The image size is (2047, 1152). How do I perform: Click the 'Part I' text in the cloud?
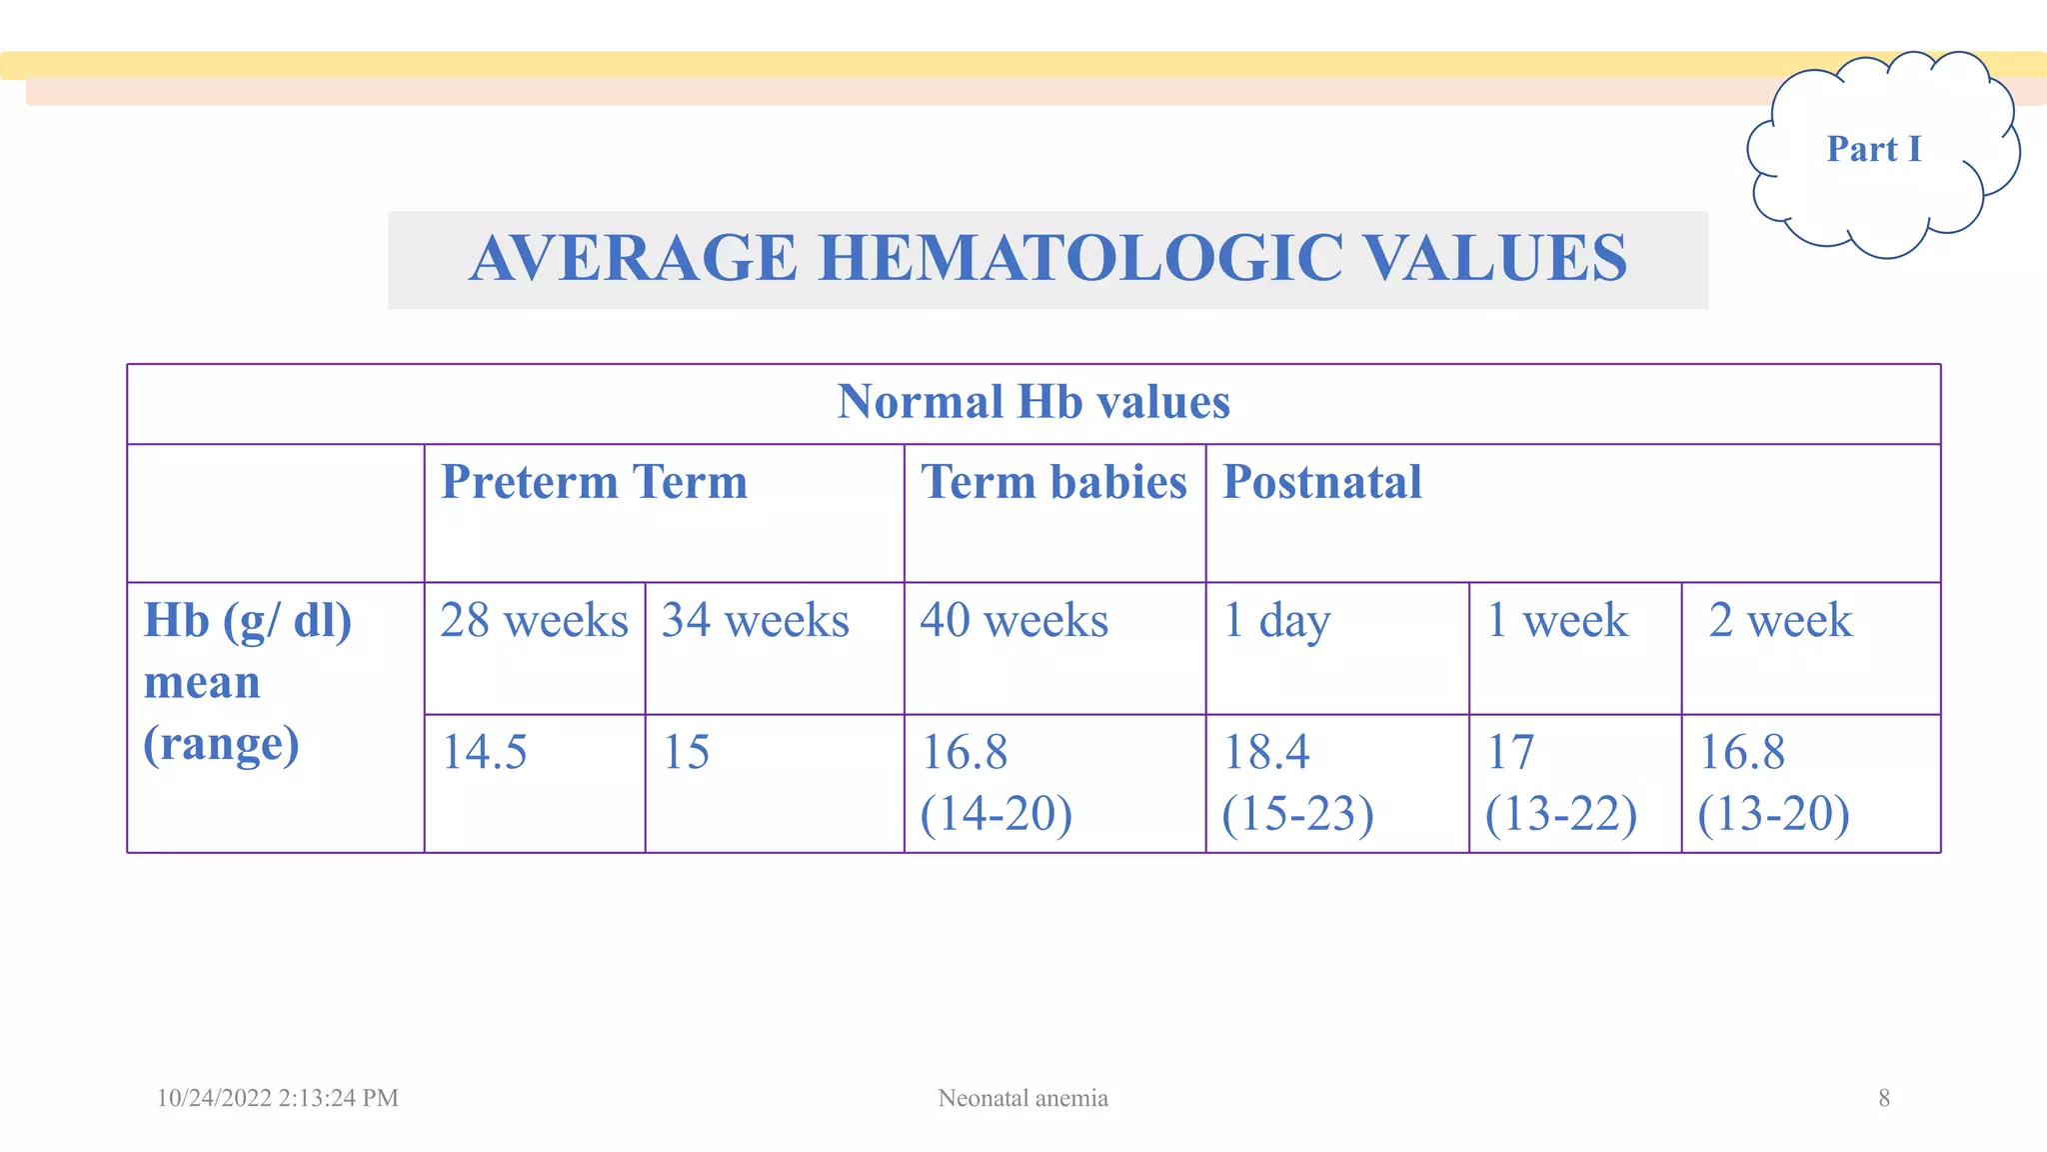(x=1873, y=149)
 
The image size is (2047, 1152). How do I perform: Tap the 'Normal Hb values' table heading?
(x=1033, y=402)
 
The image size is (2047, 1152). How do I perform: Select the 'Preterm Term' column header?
(x=594, y=482)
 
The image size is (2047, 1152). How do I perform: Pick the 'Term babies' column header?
(x=1053, y=482)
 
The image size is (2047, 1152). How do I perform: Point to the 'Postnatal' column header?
(x=1321, y=482)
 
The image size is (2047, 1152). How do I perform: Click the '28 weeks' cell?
(x=534, y=620)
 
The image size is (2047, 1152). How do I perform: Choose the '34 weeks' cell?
(x=755, y=620)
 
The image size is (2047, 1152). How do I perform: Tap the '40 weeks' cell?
(x=1014, y=620)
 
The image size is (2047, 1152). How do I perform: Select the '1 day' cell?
(x=1276, y=620)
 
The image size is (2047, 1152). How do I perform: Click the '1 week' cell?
(x=1557, y=620)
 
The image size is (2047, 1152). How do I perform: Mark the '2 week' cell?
(x=1780, y=620)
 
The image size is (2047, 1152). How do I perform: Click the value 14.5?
(x=484, y=752)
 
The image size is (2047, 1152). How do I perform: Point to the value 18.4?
(x=1266, y=752)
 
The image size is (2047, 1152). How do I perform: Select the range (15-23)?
(x=1297, y=813)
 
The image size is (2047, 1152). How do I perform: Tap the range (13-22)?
(x=1560, y=813)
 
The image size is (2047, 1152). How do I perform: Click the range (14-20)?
(x=996, y=813)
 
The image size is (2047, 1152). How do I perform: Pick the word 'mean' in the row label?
(x=202, y=683)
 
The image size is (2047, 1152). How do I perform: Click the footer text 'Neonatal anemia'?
(x=1023, y=1098)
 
